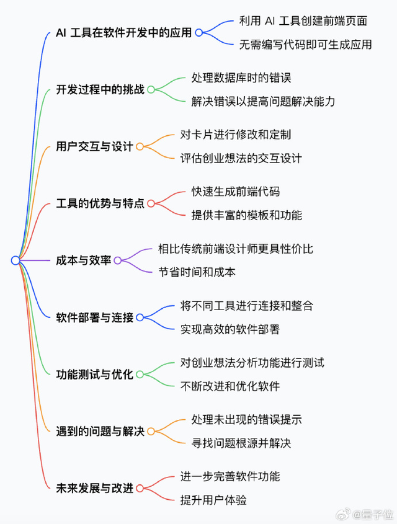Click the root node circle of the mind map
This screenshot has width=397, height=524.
pyautogui.click(x=16, y=260)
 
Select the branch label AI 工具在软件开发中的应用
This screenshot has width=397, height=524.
pyautogui.click(x=124, y=33)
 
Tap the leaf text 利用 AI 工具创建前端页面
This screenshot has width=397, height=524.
pyautogui.click(x=303, y=21)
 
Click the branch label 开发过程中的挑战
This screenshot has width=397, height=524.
pyautogui.click(x=100, y=89)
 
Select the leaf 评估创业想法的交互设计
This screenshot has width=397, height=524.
pyautogui.click(x=241, y=158)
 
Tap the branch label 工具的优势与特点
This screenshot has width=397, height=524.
pyautogui.click(x=100, y=203)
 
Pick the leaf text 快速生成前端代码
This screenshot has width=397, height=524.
pyautogui.click(x=236, y=192)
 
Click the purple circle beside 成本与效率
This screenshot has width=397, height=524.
pyautogui.click(x=117, y=260)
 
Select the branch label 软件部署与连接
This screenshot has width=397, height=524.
pyautogui.click(x=94, y=318)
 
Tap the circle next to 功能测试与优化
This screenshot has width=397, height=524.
pyautogui.click(x=139, y=375)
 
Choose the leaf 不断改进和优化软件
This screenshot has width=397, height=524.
pyautogui.click(x=230, y=386)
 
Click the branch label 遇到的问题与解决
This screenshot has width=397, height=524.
pyautogui.click(x=100, y=431)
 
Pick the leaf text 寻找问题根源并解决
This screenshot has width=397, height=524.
pyautogui.click(x=241, y=443)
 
